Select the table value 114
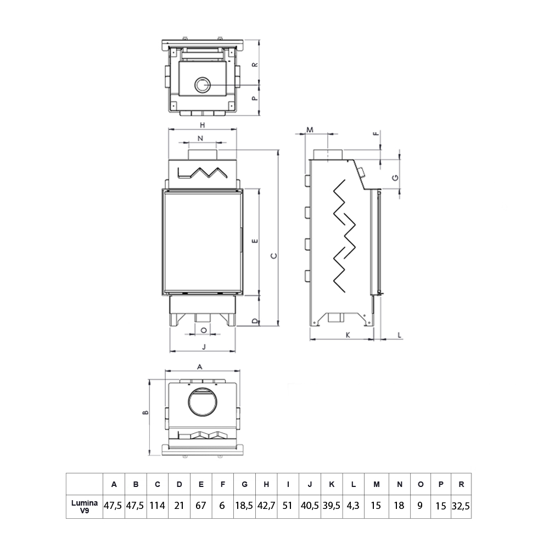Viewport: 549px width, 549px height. [157, 505]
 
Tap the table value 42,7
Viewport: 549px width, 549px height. [266, 505]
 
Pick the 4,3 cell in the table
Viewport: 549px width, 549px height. [354, 505]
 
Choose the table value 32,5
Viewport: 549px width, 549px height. [461, 505]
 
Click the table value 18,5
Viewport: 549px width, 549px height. [244, 505]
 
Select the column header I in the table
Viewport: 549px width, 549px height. [288, 484]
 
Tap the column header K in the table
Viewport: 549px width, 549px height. [332, 484]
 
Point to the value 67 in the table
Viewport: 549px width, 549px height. [201, 505]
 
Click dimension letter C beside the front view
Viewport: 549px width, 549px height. [273, 255]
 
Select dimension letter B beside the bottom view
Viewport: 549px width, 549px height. [144, 414]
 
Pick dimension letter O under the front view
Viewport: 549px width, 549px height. [203, 330]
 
